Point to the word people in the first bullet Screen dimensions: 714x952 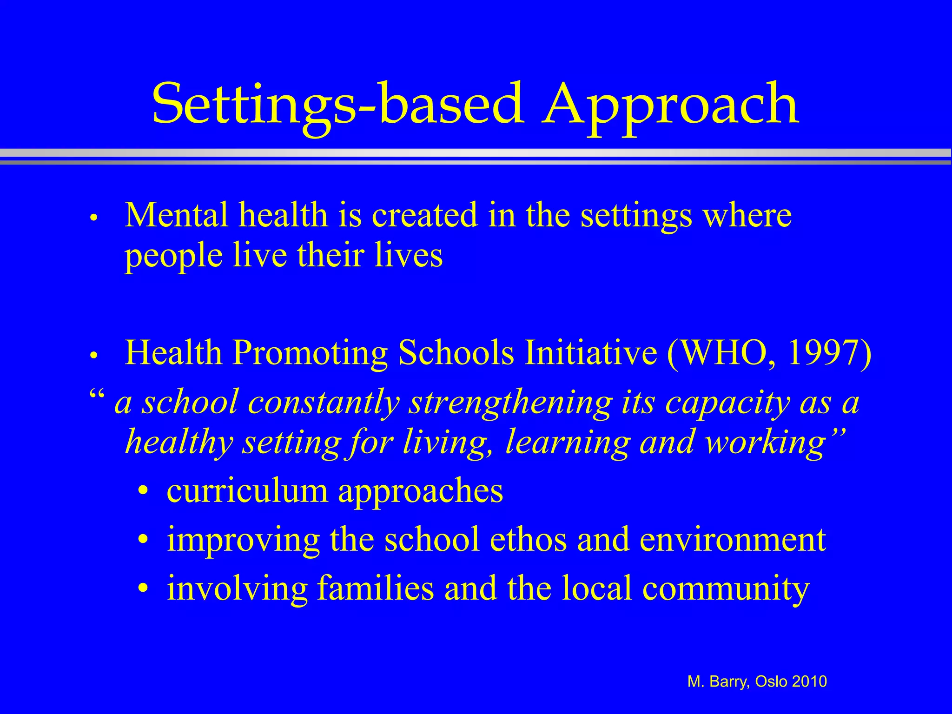click(x=173, y=257)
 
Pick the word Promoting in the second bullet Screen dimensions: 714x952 click(x=310, y=353)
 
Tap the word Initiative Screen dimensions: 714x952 click(x=590, y=353)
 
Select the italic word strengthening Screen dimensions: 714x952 click(x=509, y=403)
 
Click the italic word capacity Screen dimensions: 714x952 click(x=727, y=403)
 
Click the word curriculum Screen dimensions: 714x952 click(x=247, y=491)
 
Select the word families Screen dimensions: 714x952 click(x=375, y=588)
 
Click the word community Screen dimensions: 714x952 click(x=726, y=589)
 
